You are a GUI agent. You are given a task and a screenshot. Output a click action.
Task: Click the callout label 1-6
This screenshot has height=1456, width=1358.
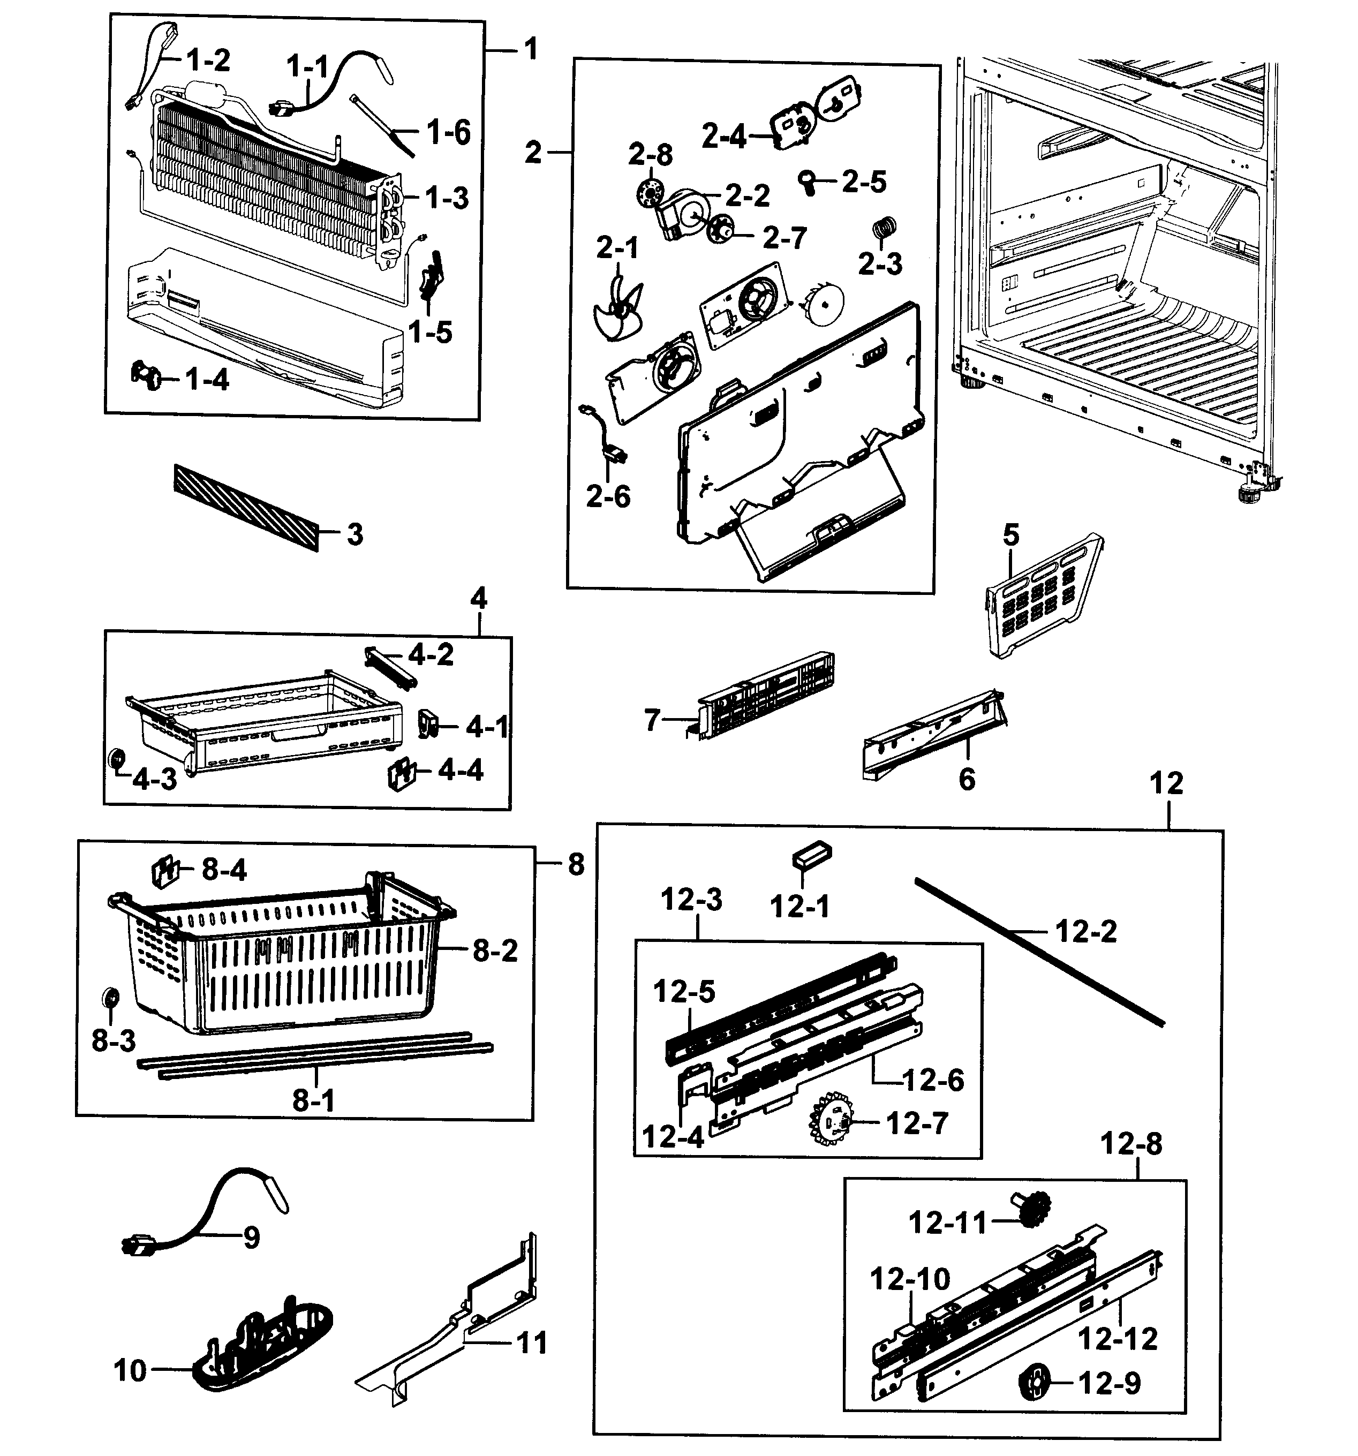tap(448, 133)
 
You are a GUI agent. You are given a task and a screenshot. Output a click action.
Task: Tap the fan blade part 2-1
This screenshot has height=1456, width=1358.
tap(614, 307)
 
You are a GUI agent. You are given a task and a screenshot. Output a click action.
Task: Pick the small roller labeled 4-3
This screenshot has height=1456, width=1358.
tap(116, 759)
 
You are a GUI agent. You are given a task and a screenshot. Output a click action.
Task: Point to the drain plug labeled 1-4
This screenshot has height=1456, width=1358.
tap(149, 376)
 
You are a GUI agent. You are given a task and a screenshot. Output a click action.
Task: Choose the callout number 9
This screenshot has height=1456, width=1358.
tap(251, 1238)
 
